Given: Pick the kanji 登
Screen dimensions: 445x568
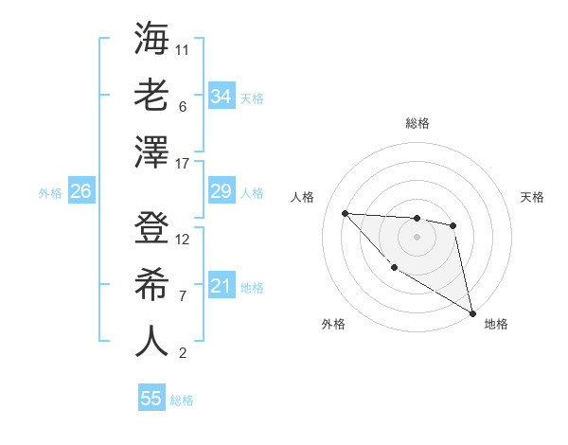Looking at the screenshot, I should click(151, 228).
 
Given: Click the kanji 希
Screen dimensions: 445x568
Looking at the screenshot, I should click(151, 284).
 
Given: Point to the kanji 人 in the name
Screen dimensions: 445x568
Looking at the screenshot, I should click(151, 341).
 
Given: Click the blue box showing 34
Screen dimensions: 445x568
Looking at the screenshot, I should click(221, 96).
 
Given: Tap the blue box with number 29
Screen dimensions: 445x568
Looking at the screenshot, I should click(221, 191).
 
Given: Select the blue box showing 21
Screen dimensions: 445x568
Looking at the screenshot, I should click(221, 285).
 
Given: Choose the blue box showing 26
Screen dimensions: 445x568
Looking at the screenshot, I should click(80, 191).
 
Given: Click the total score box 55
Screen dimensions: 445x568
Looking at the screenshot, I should click(151, 399).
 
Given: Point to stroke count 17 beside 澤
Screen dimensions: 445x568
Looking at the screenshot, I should click(183, 163).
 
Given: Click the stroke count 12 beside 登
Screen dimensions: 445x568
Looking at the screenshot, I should click(183, 239).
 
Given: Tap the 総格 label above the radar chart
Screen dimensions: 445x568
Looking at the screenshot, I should click(417, 123).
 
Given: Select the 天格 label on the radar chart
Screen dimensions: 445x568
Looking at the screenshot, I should click(532, 197).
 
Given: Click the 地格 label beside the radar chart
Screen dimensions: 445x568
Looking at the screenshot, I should click(496, 324).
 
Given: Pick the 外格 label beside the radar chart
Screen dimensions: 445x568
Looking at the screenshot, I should click(333, 324).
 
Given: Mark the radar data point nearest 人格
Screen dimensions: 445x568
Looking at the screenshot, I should click(346, 213).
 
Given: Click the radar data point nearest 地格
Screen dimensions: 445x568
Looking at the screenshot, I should click(473, 313).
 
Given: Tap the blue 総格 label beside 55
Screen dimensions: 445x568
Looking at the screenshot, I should click(182, 400).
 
